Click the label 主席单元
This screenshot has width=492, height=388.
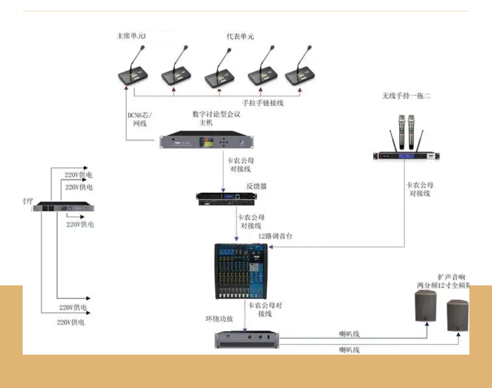coord(130,36)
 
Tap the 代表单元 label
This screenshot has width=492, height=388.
coord(240,36)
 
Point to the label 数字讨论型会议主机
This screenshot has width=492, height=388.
coord(216,118)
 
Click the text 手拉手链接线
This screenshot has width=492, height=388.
coord(263,103)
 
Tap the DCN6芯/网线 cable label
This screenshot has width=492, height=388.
coord(140,119)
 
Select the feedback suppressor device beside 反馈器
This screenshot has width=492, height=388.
coord(226,198)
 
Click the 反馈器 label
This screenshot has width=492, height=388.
coord(256,186)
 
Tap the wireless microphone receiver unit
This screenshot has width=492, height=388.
coord(406,156)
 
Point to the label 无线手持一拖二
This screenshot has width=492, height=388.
coord(406,96)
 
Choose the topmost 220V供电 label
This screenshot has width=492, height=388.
coord(79,175)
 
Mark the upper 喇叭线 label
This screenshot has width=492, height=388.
coord(349,334)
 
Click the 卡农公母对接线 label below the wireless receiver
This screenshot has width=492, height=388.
coord(420,189)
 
